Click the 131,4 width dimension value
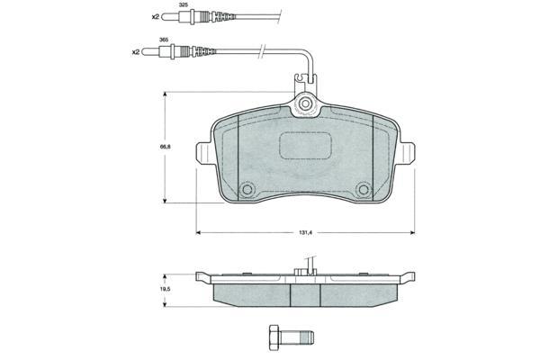click(305, 233)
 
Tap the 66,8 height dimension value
click(166, 147)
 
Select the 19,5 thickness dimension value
click(166, 289)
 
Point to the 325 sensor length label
click(183, 5)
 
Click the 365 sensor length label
click(164, 40)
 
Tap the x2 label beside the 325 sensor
click(156, 16)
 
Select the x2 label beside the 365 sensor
click(136, 52)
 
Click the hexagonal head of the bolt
click(274, 337)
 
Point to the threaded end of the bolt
click(307, 337)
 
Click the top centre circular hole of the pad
click(305, 103)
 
